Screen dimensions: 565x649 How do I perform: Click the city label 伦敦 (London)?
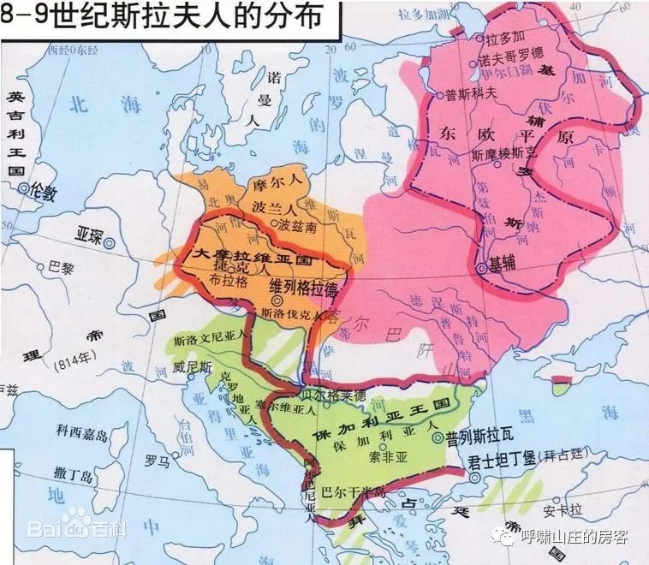click(x=45, y=193)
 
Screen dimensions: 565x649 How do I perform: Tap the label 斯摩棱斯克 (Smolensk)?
click(x=505, y=156)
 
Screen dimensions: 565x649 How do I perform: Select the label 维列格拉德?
click(x=303, y=284)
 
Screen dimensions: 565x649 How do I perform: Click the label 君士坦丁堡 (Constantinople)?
click(x=501, y=459)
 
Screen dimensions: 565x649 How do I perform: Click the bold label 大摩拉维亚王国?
click(x=256, y=255)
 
